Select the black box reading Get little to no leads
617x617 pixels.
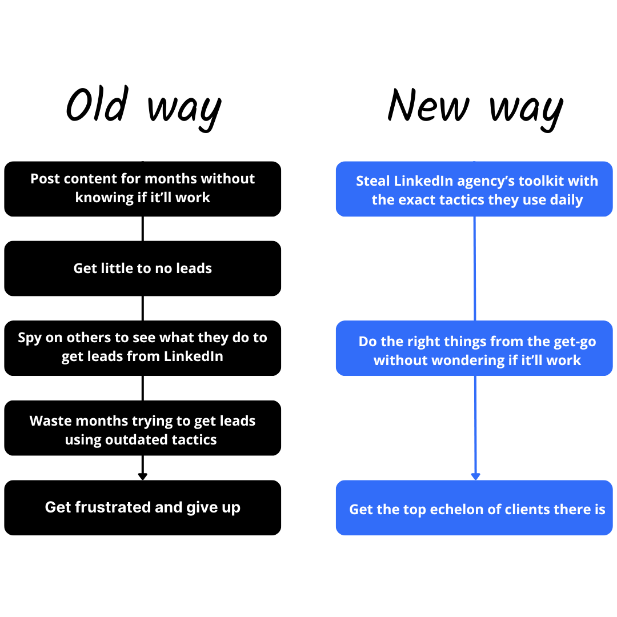(x=142, y=269)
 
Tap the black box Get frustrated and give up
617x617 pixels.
(x=142, y=508)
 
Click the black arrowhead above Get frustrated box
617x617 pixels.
(x=142, y=476)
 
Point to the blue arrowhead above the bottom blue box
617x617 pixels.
(x=475, y=476)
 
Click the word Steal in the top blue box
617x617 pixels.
(x=372, y=181)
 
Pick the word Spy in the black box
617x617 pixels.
(x=30, y=338)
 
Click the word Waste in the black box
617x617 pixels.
(x=50, y=421)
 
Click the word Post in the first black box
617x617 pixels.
(x=45, y=179)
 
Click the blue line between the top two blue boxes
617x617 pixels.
(x=475, y=269)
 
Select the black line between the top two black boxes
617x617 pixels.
(x=142, y=229)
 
